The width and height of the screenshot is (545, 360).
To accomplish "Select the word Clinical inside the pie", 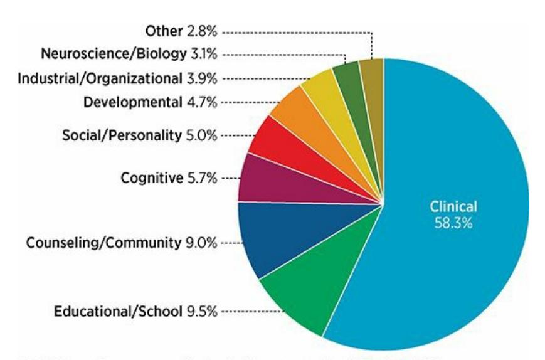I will click(453, 207).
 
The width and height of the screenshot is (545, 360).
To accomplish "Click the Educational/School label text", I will click(118, 312).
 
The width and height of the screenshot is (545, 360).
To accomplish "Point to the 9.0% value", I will click(201, 243).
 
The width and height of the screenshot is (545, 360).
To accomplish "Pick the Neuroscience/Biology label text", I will click(114, 54).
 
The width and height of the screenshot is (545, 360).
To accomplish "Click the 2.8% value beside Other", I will click(202, 31).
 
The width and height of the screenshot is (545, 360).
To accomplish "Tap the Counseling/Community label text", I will click(103, 243).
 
